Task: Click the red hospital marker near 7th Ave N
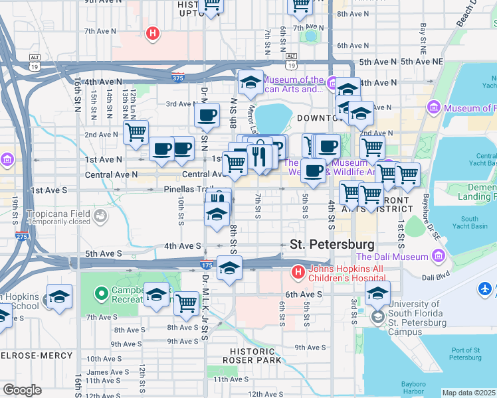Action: pos(153,33)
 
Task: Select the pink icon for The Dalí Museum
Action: pos(438,256)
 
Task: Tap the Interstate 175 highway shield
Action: pos(207,265)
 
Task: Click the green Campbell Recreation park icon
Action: pos(102,292)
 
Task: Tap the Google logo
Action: pos(21,390)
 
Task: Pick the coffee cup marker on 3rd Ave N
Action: pos(207,115)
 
